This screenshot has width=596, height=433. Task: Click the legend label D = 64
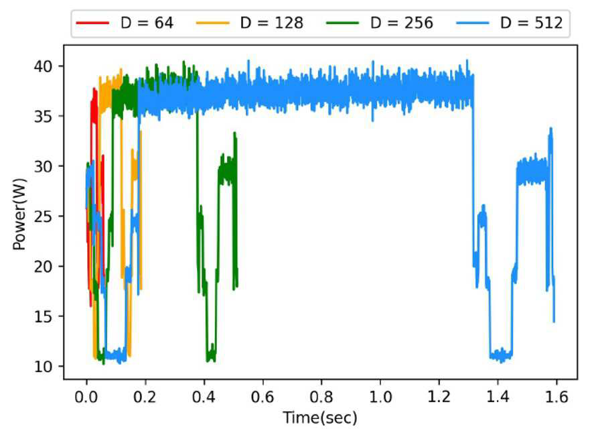click(x=147, y=23)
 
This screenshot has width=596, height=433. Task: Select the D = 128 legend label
click(x=272, y=23)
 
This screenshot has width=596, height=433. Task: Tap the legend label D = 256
click(x=401, y=23)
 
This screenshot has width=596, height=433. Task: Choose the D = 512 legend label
click(x=531, y=23)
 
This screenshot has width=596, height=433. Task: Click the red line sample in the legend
click(x=92, y=23)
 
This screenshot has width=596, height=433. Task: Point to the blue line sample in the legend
click(x=472, y=23)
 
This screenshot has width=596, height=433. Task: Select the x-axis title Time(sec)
click(x=320, y=418)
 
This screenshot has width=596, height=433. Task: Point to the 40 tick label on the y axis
click(x=43, y=66)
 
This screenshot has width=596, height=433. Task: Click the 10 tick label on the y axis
click(x=43, y=367)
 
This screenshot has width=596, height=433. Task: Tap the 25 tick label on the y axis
click(x=43, y=216)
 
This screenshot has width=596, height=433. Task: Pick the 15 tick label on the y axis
click(x=43, y=316)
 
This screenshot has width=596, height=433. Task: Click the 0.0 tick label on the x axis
click(x=86, y=397)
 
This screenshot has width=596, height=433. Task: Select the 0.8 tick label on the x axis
click(x=321, y=397)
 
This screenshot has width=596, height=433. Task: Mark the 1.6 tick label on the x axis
click(x=556, y=397)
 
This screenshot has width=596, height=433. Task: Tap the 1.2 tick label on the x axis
click(x=439, y=397)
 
